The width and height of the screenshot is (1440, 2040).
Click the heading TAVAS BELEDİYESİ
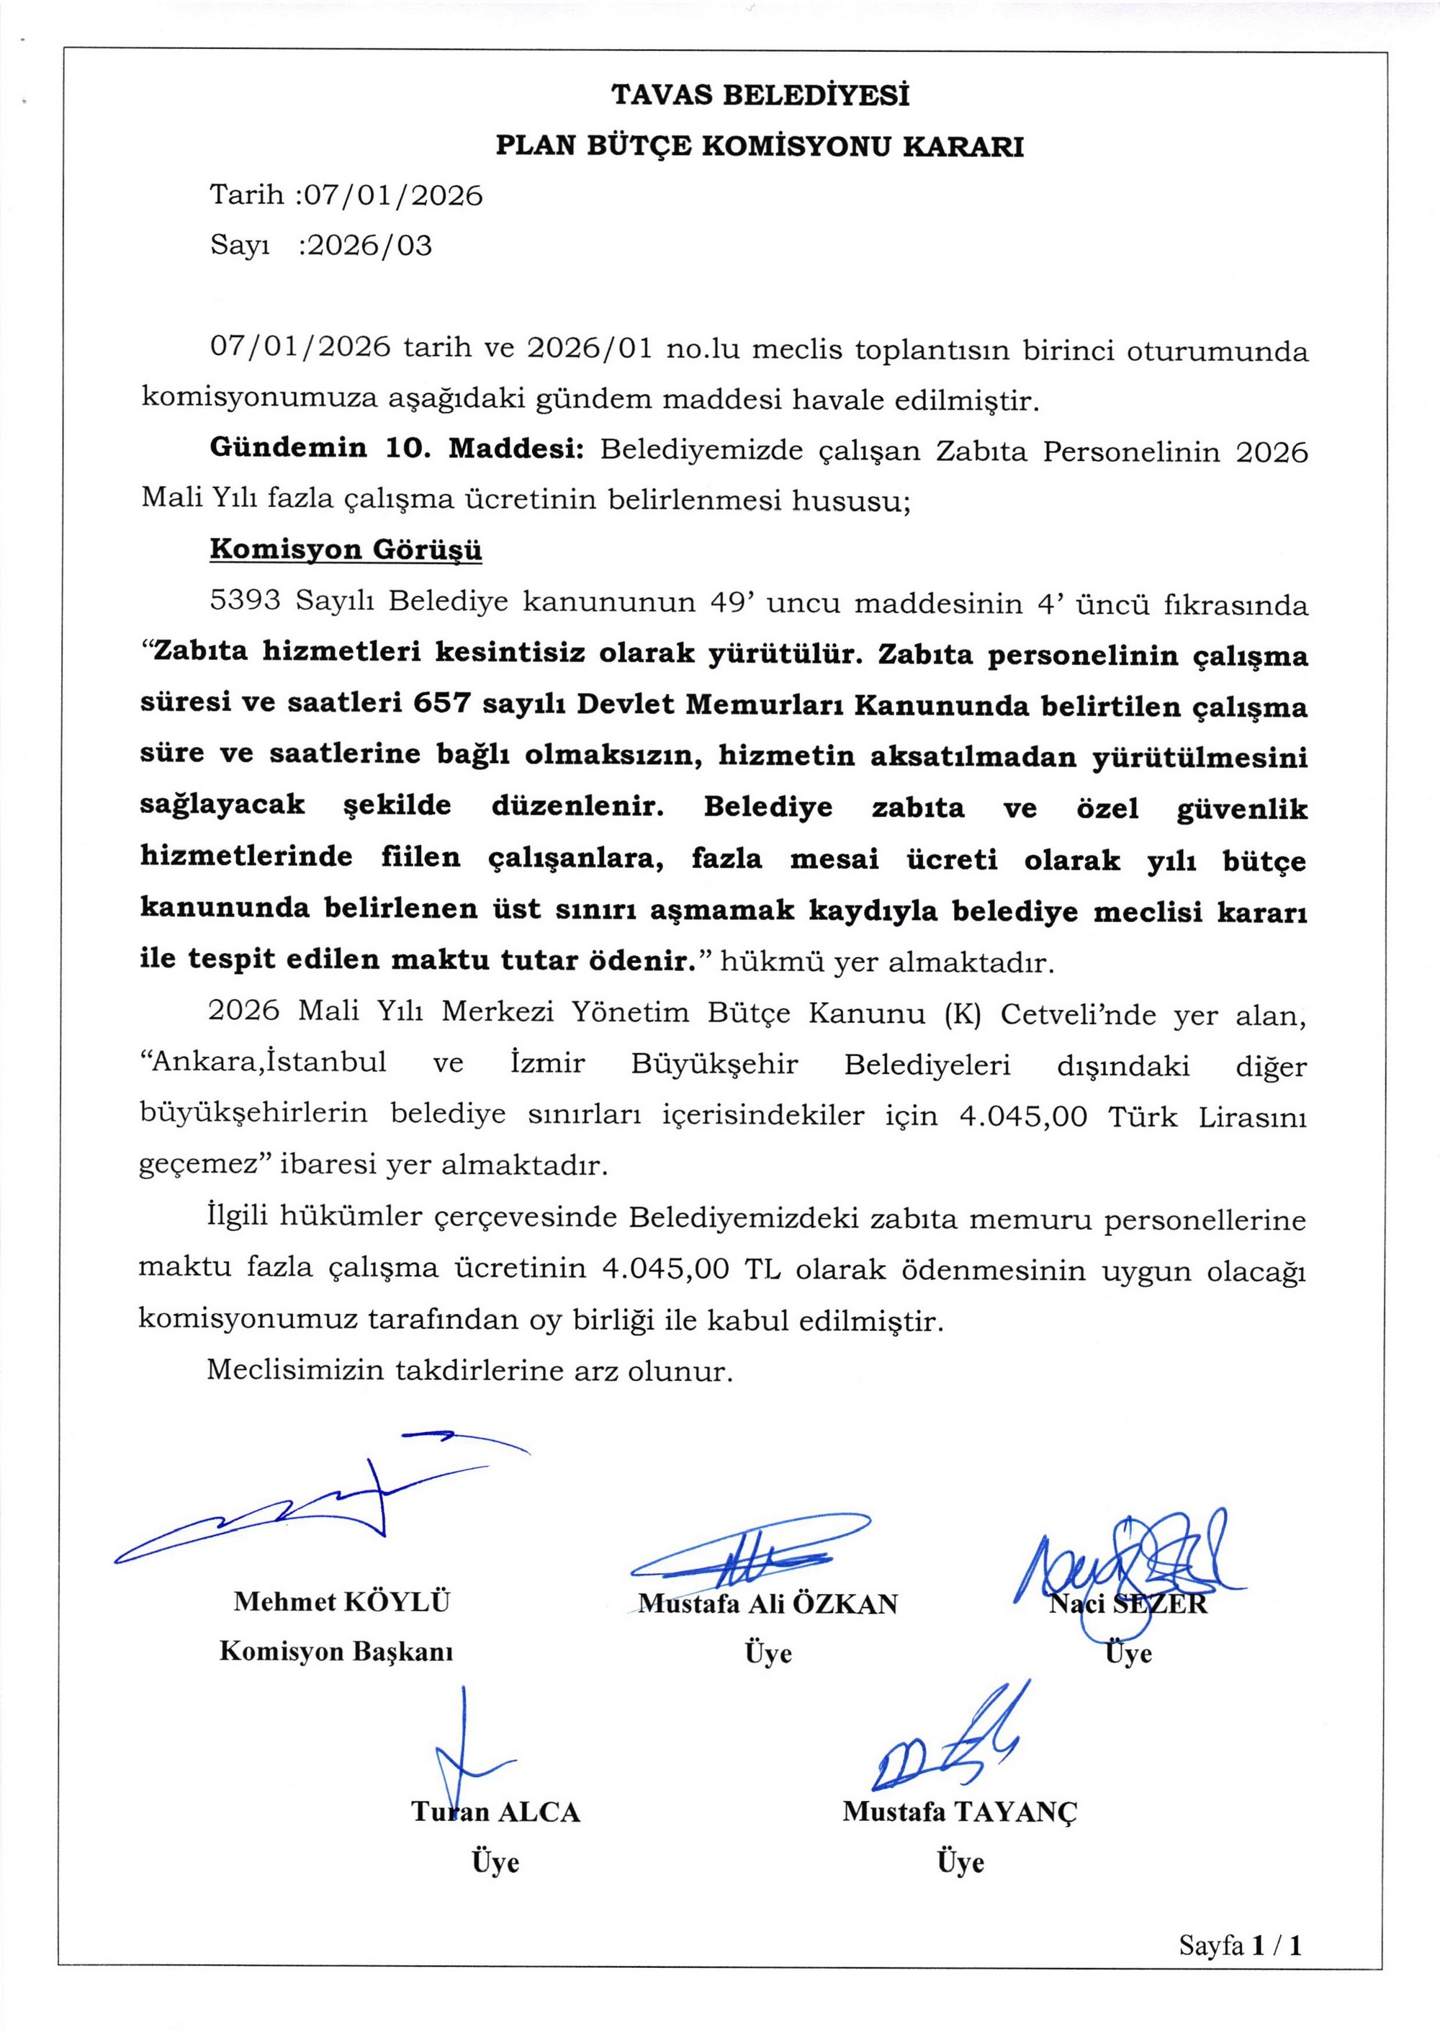tap(760, 95)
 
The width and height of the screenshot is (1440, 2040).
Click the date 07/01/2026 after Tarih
tap(394, 195)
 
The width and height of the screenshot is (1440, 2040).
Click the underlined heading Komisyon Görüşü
tap(346, 550)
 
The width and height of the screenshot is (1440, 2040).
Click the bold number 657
tap(441, 704)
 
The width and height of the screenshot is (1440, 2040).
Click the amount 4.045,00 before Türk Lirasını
tap(1022, 1116)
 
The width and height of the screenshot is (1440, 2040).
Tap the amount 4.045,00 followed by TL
tap(665, 1268)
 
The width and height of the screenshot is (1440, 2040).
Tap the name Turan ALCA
tap(495, 1812)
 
